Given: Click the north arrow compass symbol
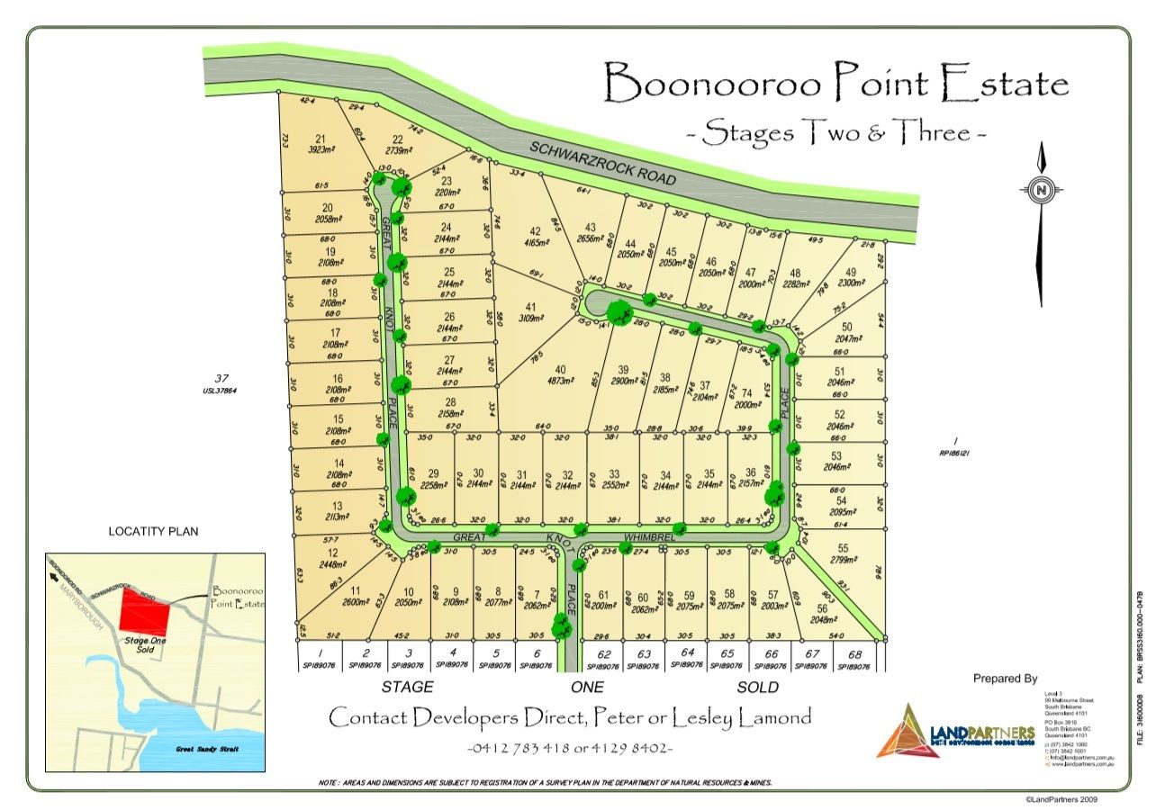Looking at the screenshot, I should click(x=1041, y=191).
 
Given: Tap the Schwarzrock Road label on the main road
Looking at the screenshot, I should click(x=602, y=164).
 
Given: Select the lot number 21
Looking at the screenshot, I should click(x=320, y=139).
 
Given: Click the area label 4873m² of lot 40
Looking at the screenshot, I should click(x=559, y=381).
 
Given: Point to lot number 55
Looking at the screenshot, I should click(x=843, y=547).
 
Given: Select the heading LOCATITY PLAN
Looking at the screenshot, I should click(x=152, y=531).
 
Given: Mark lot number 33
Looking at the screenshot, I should click(x=614, y=473).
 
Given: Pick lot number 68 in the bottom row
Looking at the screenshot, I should click(x=855, y=654).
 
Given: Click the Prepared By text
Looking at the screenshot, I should click(x=1005, y=679).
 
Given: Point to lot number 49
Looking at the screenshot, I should click(x=852, y=273).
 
